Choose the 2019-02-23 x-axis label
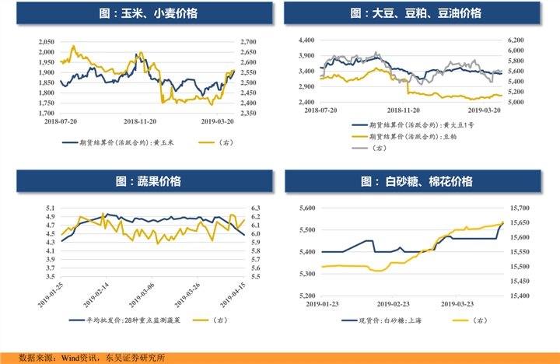(x=394, y=304)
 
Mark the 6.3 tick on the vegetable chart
(x=255, y=208)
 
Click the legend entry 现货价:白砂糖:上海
(x=401, y=320)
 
